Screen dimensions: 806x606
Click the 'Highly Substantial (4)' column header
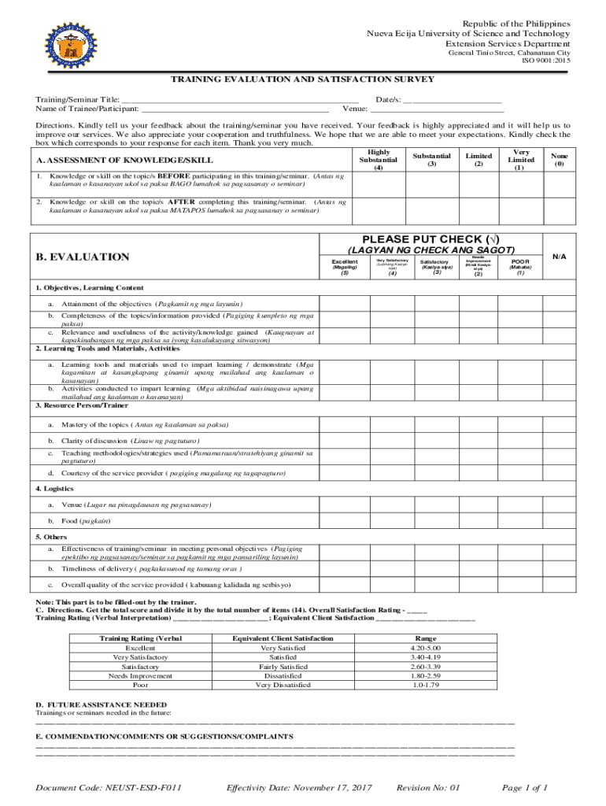[x=379, y=160]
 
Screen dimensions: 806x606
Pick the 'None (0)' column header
[x=559, y=160]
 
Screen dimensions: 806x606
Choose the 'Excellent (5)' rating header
[x=345, y=267]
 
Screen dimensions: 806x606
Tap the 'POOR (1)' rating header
[x=520, y=267]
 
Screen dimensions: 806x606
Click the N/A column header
[x=559, y=256]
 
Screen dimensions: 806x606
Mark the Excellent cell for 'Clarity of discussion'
[x=345, y=439]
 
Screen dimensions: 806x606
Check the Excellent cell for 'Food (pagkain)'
[x=345, y=521]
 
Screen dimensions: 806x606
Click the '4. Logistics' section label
[x=54, y=489]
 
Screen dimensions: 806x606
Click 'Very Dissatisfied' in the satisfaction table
[x=283, y=685]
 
